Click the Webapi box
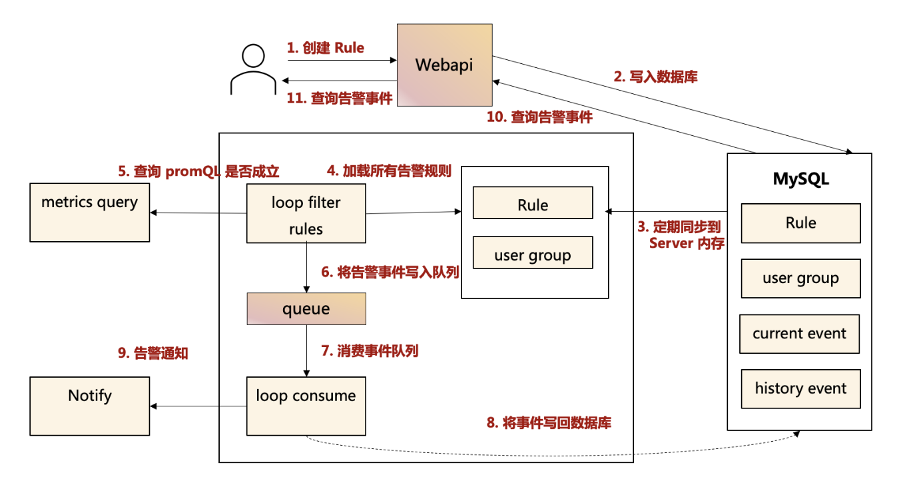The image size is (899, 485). pyautogui.click(x=444, y=65)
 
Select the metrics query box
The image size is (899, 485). pyautogui.click(x=90, y=213)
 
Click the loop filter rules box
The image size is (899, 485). pyautogui.click(x=306, y=214)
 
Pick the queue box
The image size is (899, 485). pyautogui.click(x=306, y=308)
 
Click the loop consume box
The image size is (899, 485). pyautogui.click(x=306, y=406)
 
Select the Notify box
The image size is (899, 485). pyautogui.click(x=90, y=406)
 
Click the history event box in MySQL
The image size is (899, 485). pyautogui.click(x=800, y=388)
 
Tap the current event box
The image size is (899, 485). pyautogui.click(x=799, y=334)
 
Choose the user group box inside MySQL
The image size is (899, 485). pyautogui.click(x=800, y=278)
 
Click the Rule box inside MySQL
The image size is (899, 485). pyautogui.click(x=800, y=223)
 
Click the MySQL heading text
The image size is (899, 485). pyautogui.click(x=800, y=179)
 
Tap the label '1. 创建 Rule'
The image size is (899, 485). pyautogui.click(x=326, y=48)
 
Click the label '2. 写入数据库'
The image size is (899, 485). pyautogui.click(x=655, y=77)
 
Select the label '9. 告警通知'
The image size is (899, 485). pyautogui.click(x=153, y=354)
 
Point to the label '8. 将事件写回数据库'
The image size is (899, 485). pyautogui.click(x=549, y=422)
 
